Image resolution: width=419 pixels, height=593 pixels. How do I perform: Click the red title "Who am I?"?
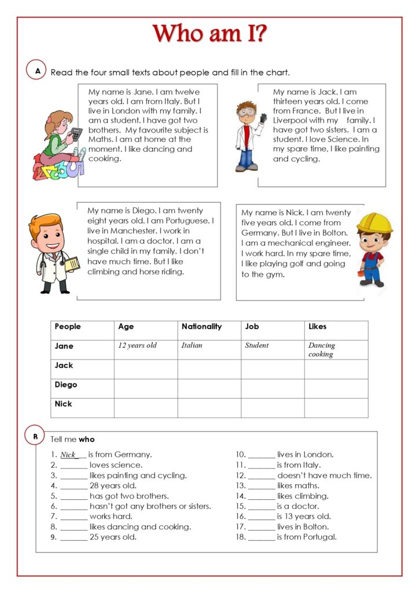[209, 34]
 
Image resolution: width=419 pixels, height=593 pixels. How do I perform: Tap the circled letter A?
[38, 71]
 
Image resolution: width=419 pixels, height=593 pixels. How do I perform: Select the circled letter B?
[35, 436]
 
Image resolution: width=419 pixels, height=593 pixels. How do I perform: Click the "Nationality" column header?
[201, 327]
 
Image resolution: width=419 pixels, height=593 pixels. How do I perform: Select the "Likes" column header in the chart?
[317, 327]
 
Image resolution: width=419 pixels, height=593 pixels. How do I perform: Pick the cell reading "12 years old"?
[137, 346]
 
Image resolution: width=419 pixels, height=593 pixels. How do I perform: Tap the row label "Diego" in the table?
[66, 385]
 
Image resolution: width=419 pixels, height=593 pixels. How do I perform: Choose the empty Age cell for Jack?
[145, 369]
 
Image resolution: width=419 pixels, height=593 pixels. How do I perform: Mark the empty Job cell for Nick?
[272, 408]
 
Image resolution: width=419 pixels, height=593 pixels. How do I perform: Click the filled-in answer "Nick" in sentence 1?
[68, 455]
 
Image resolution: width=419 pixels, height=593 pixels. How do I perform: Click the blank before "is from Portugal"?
[261, 537]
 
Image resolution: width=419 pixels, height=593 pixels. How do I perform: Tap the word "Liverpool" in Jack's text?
[293, 120]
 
